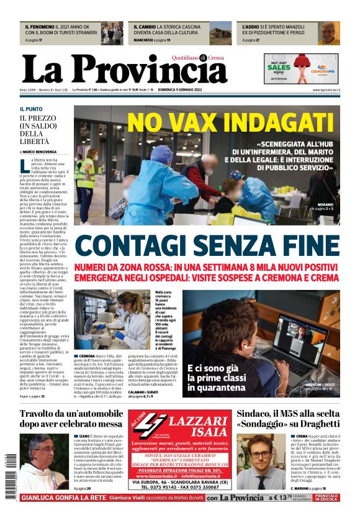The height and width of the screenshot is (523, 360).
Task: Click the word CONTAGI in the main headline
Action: point(140,246)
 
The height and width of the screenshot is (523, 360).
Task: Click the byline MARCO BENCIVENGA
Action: point(39,151)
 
